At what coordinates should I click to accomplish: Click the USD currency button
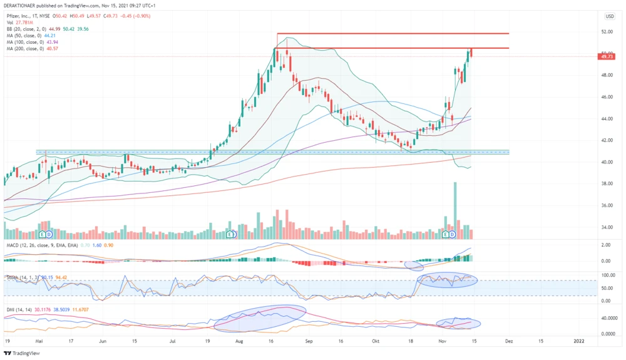click(609, 16)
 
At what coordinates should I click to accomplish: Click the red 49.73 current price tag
click(606, 56)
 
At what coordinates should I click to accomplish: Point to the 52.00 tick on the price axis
click(606, 31)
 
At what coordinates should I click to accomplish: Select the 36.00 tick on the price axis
click(606, 205)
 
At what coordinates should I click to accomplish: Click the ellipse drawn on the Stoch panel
click(447, 280)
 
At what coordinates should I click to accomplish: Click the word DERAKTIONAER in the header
click(23, 6)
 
